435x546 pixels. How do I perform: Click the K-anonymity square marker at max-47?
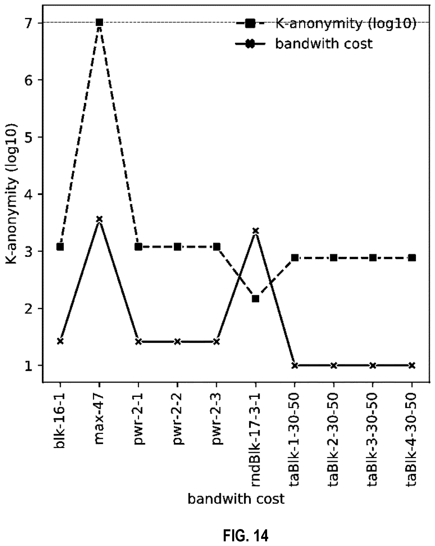[x=99, y=22]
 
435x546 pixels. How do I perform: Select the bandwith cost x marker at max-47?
[x=99, y=219]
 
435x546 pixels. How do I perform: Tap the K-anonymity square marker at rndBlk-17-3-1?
[x=256, y=299]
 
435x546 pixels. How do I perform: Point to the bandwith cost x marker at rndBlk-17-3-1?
[x=256, y=231]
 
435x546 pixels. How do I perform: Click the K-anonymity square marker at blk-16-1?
[x=60, y=247]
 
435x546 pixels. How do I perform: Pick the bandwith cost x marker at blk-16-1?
[x=60, y=341]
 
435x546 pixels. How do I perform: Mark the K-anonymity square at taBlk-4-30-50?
[x=412, y=258]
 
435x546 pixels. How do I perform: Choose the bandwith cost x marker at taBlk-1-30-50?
[x=294, y=365]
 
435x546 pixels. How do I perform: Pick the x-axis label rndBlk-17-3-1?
[x=256, y=439]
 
